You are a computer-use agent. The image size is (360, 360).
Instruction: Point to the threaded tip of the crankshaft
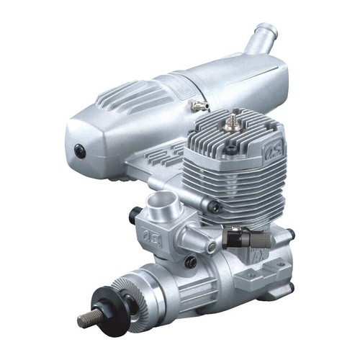[x=88, y=318]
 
